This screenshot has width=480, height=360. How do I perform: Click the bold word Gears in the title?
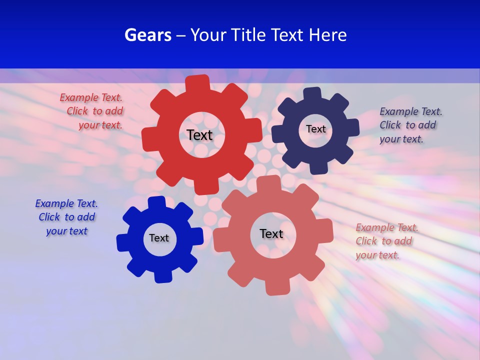point(147,35)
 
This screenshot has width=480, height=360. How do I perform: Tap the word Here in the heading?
point(327,35)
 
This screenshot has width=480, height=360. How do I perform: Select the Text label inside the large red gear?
point(199,135)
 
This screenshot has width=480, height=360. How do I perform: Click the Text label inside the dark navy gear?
point(315,129)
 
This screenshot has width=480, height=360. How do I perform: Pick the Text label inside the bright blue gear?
point(159,238)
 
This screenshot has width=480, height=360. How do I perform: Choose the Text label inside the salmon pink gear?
point(271,233)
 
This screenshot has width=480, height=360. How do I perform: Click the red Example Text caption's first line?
point(91,97)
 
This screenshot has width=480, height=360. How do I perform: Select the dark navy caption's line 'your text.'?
point(401,139)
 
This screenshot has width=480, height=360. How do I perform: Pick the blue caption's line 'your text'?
point(66,231)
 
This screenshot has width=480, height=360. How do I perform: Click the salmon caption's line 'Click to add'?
point(383,241)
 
